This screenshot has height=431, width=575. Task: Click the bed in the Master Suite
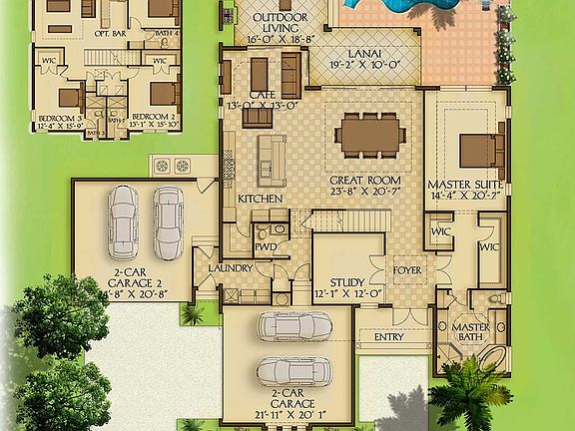477,149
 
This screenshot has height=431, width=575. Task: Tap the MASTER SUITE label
463,186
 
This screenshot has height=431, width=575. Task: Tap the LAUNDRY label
231,268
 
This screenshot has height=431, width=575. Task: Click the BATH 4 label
169,34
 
